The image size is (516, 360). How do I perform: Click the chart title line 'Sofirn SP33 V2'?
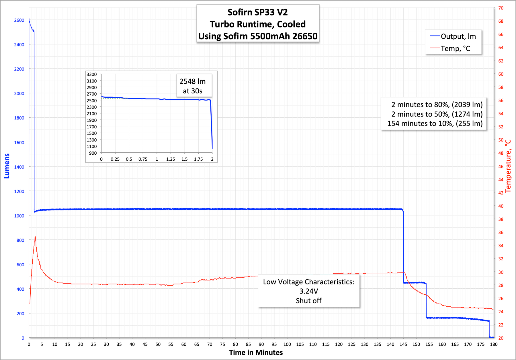[x=257, y=12]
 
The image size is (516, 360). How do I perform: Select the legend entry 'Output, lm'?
[x=458, y=36]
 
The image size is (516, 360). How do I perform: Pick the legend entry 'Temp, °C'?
[x=455, y=49]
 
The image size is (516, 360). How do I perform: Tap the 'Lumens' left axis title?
[x=7, y=166]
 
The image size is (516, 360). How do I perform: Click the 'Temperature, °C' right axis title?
[x=508, y=166]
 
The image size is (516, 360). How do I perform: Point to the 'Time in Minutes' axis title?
[x=256, y=353]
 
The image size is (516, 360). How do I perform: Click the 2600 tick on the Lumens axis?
[x=19, y=20]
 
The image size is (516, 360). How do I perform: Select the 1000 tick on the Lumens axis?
[x=19, y=216]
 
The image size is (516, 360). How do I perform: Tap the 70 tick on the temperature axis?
[x=501, y=8]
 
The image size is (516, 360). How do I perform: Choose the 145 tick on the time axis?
[x=403, y=344]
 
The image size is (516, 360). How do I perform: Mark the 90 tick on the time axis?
[x=261, y=344]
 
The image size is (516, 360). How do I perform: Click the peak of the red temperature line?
[x=35, y=237]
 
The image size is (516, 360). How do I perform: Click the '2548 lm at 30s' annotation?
[x=192, y=86]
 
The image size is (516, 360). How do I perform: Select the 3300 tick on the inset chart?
[x=92, y=74]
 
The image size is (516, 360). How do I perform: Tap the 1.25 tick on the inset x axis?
[x=171, y=159]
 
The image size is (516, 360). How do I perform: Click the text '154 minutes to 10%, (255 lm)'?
[x=435, y=123]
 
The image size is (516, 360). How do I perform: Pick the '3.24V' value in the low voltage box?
[x=308, y=291]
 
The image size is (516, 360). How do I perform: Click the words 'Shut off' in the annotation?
[x=308, y=301]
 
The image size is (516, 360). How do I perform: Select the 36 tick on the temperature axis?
[x=501, y=232]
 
